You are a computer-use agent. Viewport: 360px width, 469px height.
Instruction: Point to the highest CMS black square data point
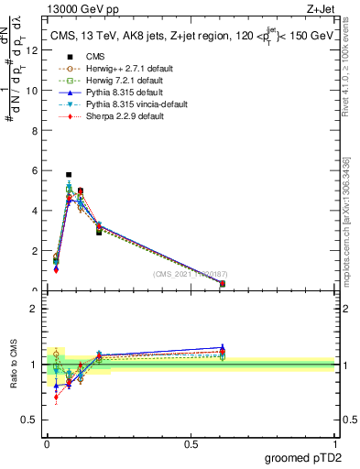tap(69, 174)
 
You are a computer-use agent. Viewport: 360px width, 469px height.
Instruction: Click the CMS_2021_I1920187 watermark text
tap(191, 274)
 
